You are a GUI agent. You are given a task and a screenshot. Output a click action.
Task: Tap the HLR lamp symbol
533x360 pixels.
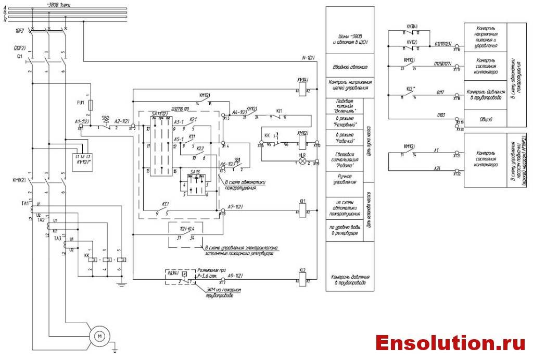coord(301,162)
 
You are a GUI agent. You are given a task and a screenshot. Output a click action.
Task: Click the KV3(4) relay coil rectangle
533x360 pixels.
coord(303,90)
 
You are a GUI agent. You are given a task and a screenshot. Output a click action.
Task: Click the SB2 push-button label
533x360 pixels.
coord(105,118)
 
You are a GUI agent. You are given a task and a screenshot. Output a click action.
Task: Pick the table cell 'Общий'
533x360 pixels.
coord(485,119)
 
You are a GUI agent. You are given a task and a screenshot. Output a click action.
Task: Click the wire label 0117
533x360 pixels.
coord(441,93)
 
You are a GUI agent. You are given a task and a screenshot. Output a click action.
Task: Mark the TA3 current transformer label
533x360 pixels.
coord(58,238)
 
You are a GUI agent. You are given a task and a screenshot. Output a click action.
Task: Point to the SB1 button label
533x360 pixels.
coord(237,159)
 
